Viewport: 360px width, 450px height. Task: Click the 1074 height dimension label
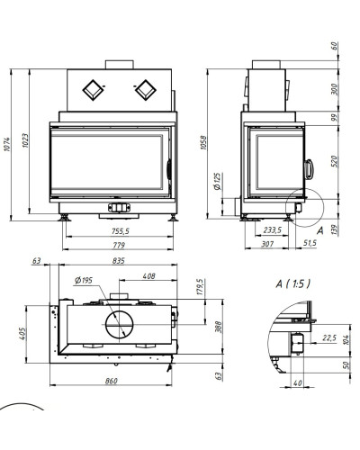click(x=7, y=144)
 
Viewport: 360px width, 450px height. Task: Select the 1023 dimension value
click(x=25, y=140)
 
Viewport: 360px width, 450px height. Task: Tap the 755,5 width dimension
click(x=121, y=231)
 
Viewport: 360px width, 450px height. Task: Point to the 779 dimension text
click(x=119, y=245)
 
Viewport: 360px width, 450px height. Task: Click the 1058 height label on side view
click(x=203, y=143)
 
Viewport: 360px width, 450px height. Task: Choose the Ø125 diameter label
click(x=217, y=181)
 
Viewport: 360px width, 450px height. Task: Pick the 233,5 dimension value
click(x=273, y=230)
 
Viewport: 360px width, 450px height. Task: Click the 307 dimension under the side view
click(x=267, y=244)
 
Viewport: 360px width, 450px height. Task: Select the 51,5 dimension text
click(x=310, y=243)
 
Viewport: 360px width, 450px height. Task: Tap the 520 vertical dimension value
click(x=335, y=161)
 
